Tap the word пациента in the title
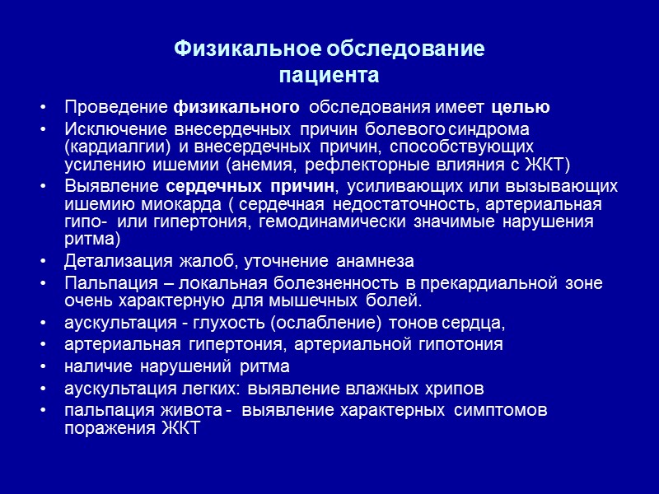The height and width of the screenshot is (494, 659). point(329,77)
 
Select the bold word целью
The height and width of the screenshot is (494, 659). point(521,108)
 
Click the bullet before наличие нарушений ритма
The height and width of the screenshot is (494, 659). point(43,366)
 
